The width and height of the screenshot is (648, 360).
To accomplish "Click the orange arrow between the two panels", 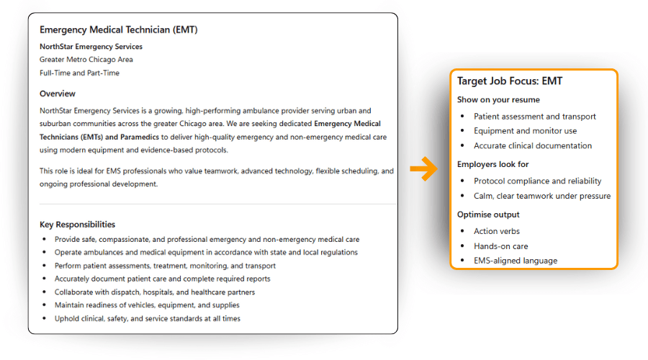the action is click(x=424, y=170).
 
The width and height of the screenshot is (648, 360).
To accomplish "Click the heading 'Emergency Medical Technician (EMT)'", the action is click(x=118, y=30).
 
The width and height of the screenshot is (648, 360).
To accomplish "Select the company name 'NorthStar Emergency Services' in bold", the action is click(x=91, y=47).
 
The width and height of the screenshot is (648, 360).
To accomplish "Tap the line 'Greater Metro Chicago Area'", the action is click(x=86, y=60).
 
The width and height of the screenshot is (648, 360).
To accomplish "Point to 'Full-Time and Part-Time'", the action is click(x=79, y=73).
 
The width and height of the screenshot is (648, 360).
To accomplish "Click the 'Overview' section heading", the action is click(x=58, y=94).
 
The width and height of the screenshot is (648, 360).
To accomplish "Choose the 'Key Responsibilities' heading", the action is click(x=77, y=225).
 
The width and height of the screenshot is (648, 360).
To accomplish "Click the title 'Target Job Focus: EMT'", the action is click(x=510, y=81).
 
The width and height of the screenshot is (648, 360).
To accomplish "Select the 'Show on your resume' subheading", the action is click(x=498, y=99).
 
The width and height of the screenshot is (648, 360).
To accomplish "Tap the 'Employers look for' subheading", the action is click(x=493, y=164).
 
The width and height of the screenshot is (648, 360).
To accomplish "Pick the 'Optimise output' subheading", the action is click(x=488, y=215).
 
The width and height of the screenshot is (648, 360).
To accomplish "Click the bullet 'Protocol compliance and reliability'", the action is click(x=537, y=181).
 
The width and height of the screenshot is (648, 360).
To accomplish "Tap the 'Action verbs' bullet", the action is click(x=497, y=231).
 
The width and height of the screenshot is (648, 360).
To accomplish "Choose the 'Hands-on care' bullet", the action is click(x=501, y=246).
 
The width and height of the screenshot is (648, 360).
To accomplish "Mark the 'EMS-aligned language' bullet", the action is click(x=516, y=261).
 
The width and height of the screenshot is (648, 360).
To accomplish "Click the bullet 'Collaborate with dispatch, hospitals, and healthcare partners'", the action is click(x=155, y=292).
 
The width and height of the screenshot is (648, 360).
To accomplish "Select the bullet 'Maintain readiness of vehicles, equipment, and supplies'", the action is click(x=147, y=305).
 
